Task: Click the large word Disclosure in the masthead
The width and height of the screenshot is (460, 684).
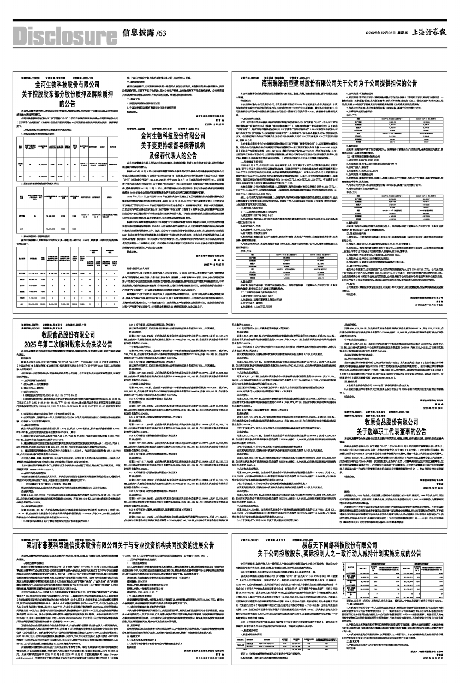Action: click(60, 33)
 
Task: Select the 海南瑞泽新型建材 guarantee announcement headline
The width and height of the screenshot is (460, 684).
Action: click(339, 85)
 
